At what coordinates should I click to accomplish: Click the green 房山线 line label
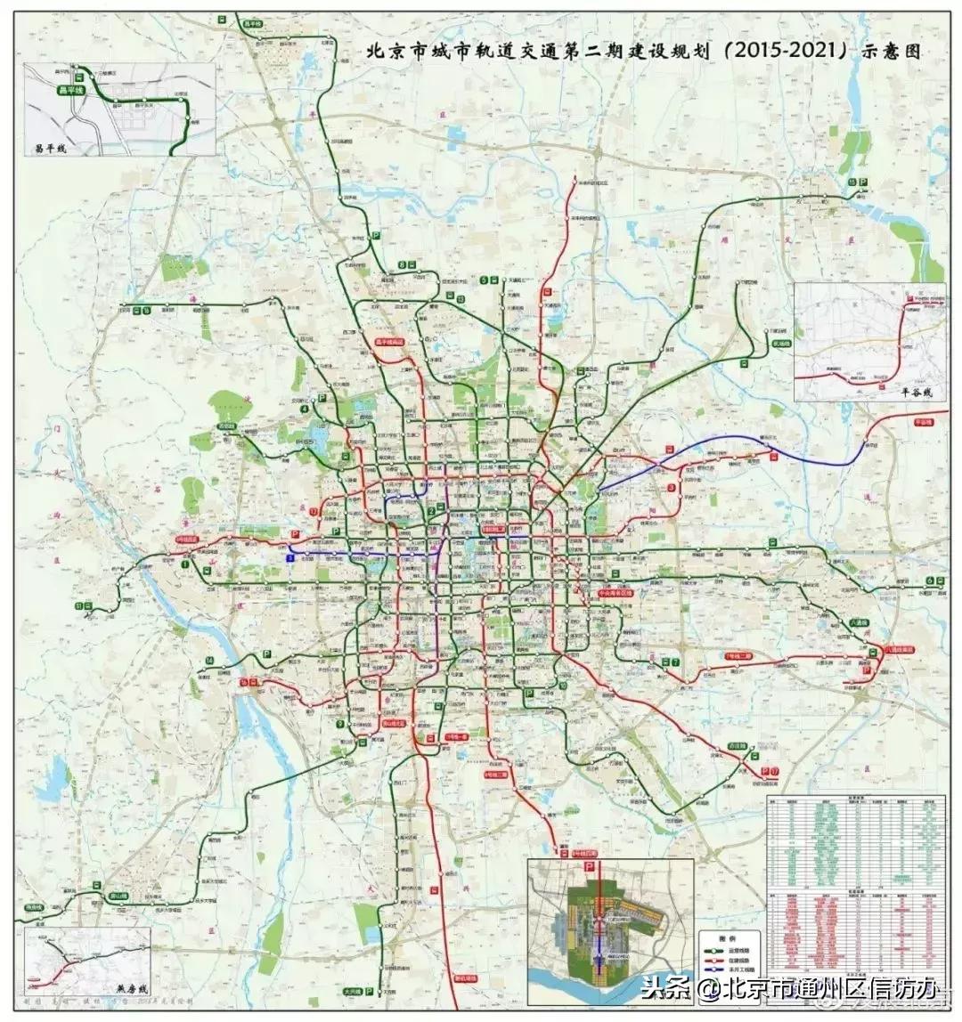(x=118, y=896)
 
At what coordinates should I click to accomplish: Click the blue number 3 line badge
(x=289, y=556)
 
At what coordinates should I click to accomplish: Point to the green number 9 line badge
(x=340, y=724)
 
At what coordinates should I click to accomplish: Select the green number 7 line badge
(x=677, y=661)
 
